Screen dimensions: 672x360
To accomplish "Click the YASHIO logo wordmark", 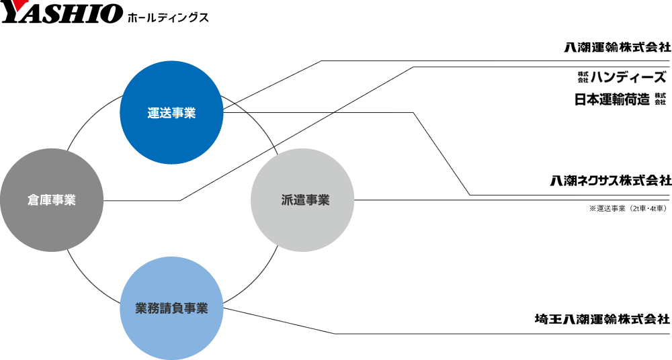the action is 61,12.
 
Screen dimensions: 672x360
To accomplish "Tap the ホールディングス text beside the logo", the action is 167,17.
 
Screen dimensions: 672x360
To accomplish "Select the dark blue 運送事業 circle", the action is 171,113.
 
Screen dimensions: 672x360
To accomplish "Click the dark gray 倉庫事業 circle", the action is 52,200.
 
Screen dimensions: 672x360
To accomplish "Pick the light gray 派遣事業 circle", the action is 302,200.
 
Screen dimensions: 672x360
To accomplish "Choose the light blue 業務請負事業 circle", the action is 171,308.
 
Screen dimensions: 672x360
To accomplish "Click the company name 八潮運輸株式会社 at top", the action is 617,47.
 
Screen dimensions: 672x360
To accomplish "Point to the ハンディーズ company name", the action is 628,77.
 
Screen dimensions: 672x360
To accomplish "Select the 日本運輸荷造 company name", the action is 612,99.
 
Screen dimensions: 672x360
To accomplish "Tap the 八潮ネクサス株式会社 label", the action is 611,181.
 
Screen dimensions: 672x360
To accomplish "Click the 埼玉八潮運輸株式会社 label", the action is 602,319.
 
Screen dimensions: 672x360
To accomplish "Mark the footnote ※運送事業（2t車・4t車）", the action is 628,209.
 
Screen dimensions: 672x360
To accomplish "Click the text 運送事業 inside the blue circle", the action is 171,113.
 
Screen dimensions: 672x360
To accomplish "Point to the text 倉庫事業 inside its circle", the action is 52,200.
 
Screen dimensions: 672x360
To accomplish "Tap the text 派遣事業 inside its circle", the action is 306,200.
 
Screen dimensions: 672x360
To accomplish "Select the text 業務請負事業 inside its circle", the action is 171,308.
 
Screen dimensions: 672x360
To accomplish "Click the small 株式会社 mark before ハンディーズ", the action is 583,77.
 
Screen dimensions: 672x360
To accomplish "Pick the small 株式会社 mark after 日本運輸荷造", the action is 661,99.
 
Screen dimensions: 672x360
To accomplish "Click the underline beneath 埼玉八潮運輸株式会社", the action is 502,333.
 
